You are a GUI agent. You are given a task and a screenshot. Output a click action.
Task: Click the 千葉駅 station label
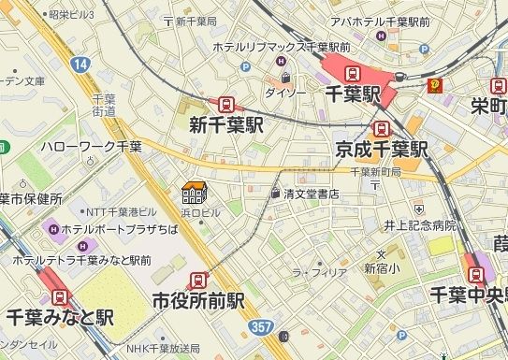[x=355, y=95]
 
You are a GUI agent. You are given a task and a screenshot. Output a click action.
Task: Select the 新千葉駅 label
[x=225, y=125]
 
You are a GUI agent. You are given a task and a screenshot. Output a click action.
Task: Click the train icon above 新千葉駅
[x=226, y=105]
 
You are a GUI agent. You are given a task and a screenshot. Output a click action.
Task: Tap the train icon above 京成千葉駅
[x=382, y=129]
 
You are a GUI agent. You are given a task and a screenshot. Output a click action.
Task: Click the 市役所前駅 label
[x=198, y=301]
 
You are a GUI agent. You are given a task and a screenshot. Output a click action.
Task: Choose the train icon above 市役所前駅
[x=198, y=280]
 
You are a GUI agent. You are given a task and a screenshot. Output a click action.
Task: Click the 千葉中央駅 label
[x=469, y=295]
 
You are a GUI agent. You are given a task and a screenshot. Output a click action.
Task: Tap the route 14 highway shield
[x=81, y=64]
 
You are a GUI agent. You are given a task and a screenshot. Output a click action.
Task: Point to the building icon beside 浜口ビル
[x=194, y=194]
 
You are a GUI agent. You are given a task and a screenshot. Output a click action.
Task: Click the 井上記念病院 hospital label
[x=419, y=225]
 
